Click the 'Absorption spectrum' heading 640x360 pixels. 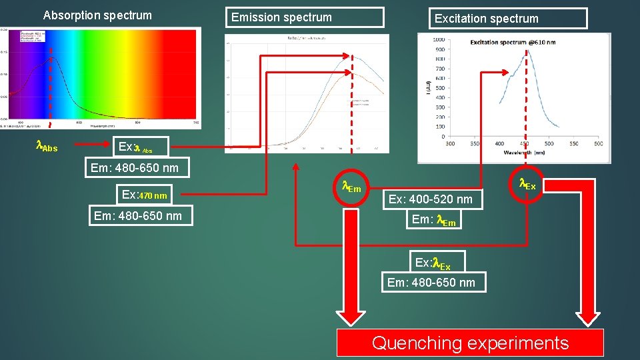click(x=97, y=15)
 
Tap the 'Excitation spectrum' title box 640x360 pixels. click(x=509, y=19)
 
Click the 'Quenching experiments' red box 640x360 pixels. click(x=470, y=343)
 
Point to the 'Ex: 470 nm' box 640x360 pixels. click(x=145, y=195)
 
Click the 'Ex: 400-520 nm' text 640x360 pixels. click(x=430, y=199)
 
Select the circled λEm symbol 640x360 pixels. click(x=351, y=188)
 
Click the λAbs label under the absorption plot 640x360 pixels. click(x=46, y=146)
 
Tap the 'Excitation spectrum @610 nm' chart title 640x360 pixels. click(x=513, y=42)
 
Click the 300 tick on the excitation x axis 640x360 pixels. click(x=450, y=143)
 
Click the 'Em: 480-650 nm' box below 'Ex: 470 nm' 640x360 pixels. click(x=138, y=215)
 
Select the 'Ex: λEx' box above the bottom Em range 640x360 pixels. click(x=432, y=263)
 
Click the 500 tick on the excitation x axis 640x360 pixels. click(x=549, y=143)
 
